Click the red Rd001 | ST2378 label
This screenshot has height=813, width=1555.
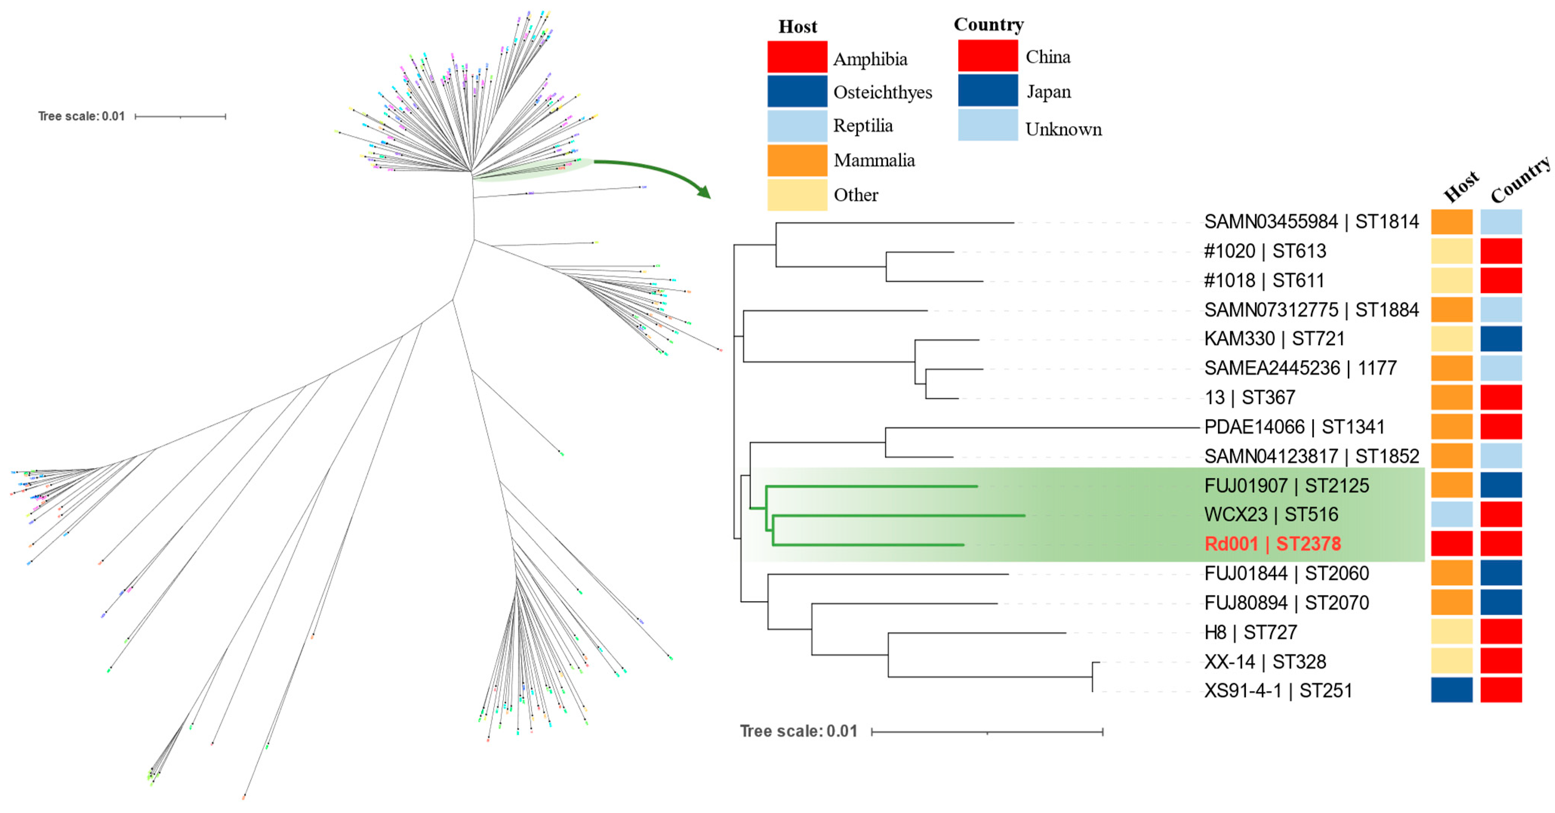click(1272, 544)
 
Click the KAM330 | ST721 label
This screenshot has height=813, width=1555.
click(1274, 339)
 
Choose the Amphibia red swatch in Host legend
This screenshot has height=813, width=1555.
click(797, 57)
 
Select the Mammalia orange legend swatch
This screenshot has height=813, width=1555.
click(797, 160)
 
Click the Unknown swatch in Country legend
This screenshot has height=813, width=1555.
click(988, 125)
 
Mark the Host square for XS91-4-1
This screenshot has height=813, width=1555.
click(1451, 690)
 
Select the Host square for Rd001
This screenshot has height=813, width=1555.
click(1451, 544)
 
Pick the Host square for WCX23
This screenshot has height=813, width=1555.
click(1451, 515)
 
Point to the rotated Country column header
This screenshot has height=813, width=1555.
click(1520, 180)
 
